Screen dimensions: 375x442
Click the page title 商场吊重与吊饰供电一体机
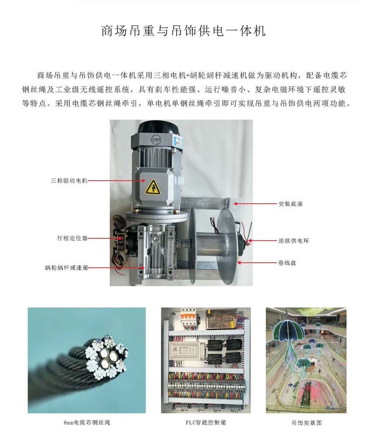pos(184,31)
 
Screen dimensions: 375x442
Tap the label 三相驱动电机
pos(69,181)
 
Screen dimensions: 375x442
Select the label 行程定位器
pos(72,238)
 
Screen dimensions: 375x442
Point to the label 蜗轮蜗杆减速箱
pos(66,267)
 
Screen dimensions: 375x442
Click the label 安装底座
pos(290,204)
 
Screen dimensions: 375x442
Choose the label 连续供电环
pos(293,241)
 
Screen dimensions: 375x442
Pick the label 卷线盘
pos(287,263)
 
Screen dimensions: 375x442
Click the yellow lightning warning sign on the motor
pos(153,187)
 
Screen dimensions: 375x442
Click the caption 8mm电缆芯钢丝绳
pos(87,422)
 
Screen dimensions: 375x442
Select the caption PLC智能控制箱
pos(206,422)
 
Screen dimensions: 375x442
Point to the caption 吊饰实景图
pos(306,422)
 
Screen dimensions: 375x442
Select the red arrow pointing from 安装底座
pos(256,203)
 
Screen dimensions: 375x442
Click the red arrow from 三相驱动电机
pos(116,180)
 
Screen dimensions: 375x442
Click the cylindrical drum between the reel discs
pos(208,243)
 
